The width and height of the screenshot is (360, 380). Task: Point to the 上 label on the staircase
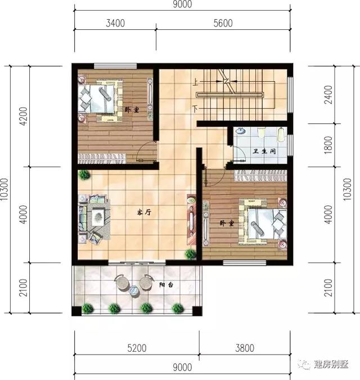point(196,81)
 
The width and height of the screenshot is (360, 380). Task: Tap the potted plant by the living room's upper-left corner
point(84,175)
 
